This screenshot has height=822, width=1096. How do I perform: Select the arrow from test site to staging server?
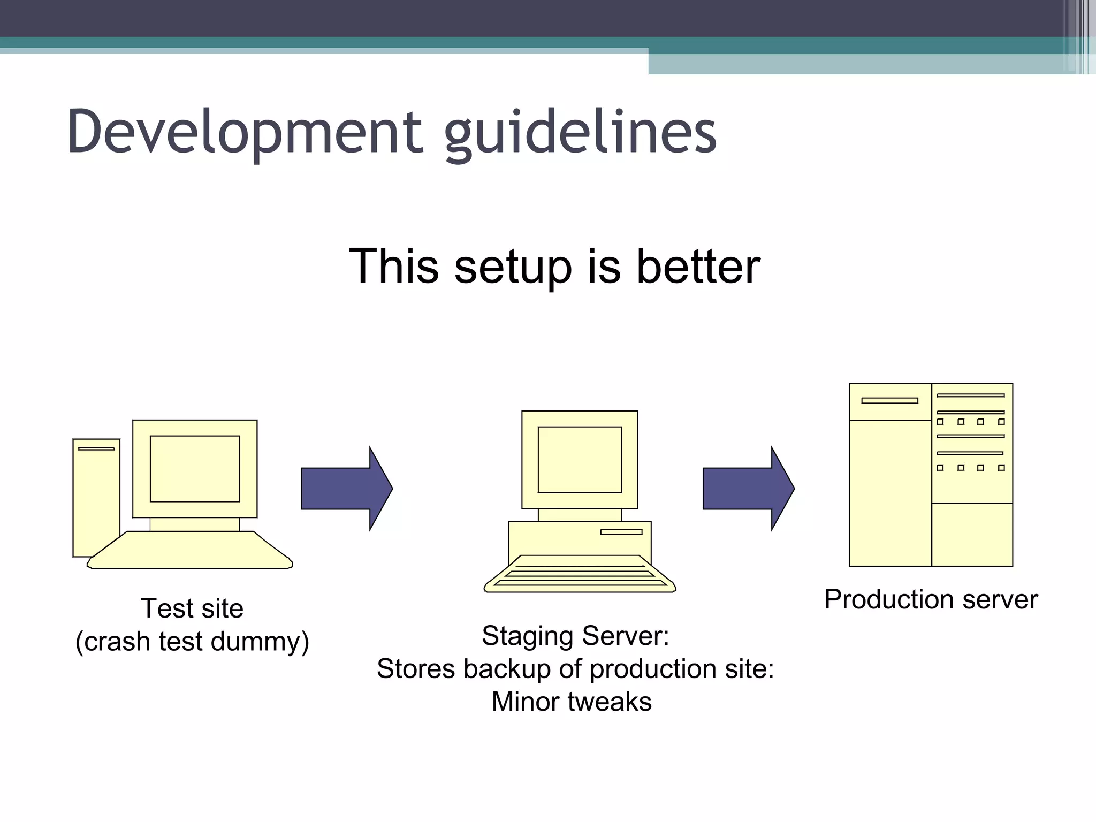coord(346,489)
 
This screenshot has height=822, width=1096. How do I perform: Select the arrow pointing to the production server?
coord(748,489)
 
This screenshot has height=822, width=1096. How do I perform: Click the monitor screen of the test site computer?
coord(195,468)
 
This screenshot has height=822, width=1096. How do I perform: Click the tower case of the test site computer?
coord(96,498)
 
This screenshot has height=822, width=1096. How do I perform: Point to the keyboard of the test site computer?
coord(190,551)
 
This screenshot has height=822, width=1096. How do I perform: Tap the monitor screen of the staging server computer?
coord(580,459)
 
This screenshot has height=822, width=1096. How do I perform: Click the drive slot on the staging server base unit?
coord(621,531)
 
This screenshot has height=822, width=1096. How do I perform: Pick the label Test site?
coord(192,608)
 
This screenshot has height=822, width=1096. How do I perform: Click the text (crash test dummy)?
coord(192,641)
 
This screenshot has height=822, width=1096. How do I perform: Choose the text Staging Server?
coord(575,636)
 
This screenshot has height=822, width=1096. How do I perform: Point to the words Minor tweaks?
coord(572,702)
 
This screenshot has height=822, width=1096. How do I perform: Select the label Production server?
coord(931,599)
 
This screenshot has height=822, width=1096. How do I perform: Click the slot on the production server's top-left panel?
coord(889,400)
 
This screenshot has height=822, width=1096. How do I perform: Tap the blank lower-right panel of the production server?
coord(972,534)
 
